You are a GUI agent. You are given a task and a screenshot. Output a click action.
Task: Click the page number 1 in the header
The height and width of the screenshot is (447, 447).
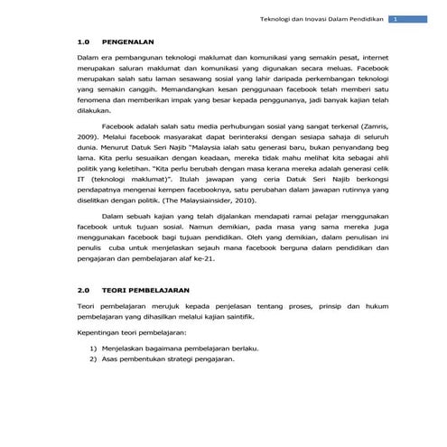394,19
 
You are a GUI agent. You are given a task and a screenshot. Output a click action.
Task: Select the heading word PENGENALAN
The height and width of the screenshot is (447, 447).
127,42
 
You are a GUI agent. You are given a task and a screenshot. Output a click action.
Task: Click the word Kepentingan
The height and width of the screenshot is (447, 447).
99,331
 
